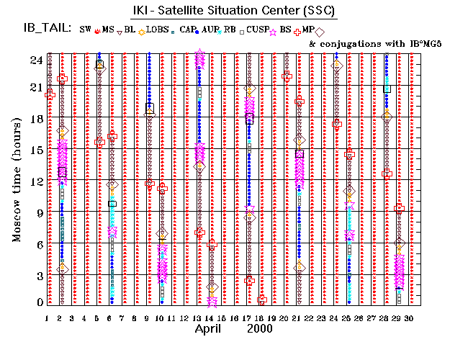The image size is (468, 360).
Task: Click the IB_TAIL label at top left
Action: [x=48, y=30]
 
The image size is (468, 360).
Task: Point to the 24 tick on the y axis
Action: [x=35, y=60]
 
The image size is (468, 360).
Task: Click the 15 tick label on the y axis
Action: [x=35, y=150]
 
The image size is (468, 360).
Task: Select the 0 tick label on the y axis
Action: [x=39, y=302]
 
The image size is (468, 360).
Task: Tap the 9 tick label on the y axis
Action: [x=39, y=212]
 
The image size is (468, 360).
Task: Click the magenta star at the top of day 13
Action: [x=199, y=55]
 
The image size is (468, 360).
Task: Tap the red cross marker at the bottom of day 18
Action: [x=262, y=300]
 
